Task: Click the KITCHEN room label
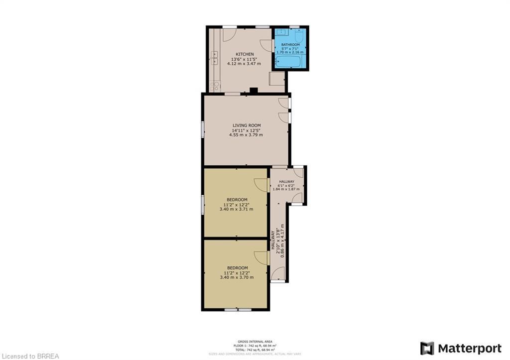coord(245,54)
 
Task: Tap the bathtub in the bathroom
coord(289,62)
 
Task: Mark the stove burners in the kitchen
coord(215,86)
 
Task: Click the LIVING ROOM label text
coord(247,125)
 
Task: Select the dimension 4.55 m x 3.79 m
coord(246,135)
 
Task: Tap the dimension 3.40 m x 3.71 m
coord(236,209)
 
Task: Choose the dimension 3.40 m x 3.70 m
coord(236,277)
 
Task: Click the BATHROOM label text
coord(290,44)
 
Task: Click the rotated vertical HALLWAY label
coord(273,240)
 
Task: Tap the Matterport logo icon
coord(427,348)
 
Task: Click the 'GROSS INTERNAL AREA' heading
coord(255,341)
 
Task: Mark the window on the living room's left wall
coord(202,129)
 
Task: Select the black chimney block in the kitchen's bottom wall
coord(254,91)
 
